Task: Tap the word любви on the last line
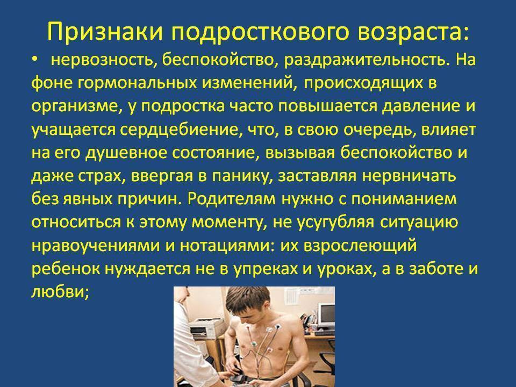point(60,291)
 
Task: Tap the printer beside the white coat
point(206,327)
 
